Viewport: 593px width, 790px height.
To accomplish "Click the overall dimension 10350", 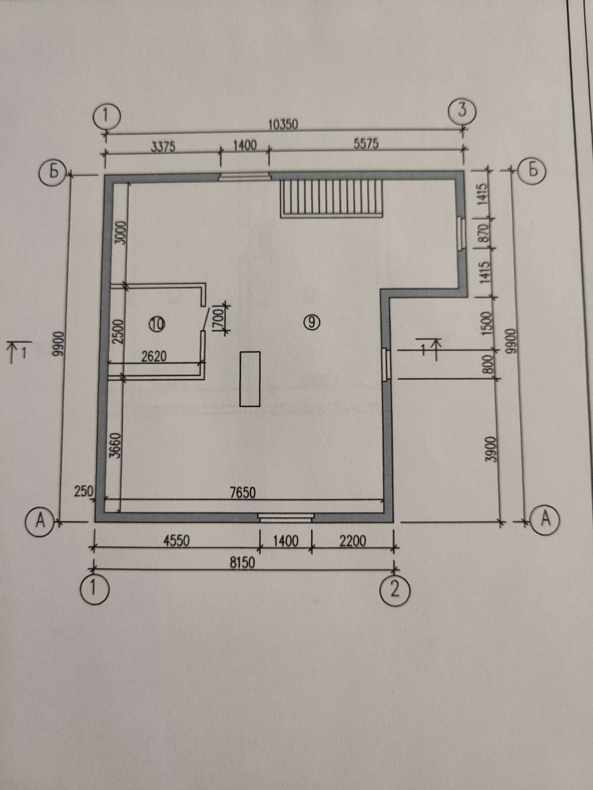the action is [x=283, y=124].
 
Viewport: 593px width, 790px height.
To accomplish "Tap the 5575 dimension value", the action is [x=366, y=144].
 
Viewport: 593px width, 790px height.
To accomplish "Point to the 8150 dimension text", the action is [x=242, y=562].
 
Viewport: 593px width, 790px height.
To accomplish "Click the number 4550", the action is [x=176, y=541].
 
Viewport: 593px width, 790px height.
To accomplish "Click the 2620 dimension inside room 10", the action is [x=154, y=356].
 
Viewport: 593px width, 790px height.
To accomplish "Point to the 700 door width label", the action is [x=219, y=317].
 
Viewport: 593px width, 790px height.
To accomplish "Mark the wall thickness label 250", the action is [x=84, y=491].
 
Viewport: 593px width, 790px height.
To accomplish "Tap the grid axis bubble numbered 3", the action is [x=463, y=110].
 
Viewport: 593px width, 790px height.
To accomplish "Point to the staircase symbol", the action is [x=332, y=198].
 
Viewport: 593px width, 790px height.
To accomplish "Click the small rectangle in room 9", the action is [x=250, y=379].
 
